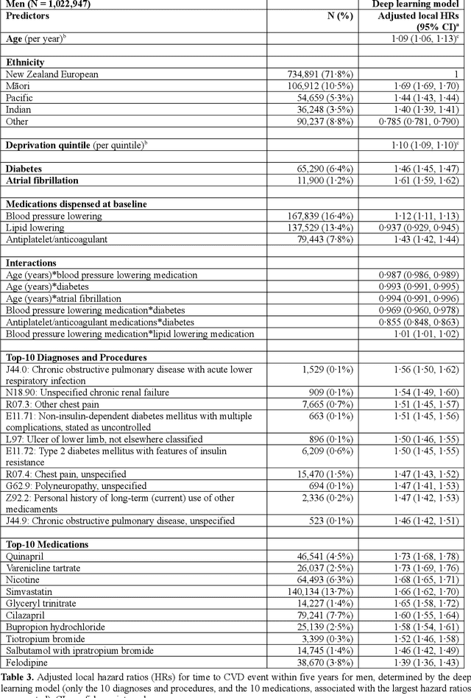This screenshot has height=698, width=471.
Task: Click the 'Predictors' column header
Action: coord(29,15)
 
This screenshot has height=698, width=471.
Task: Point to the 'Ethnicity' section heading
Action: coord(25,63)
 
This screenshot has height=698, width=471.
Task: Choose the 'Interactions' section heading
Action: coord(30,263)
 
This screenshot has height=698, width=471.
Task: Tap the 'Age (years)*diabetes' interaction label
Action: coord(50,286)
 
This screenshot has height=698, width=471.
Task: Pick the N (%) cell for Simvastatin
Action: coord(329,591)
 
